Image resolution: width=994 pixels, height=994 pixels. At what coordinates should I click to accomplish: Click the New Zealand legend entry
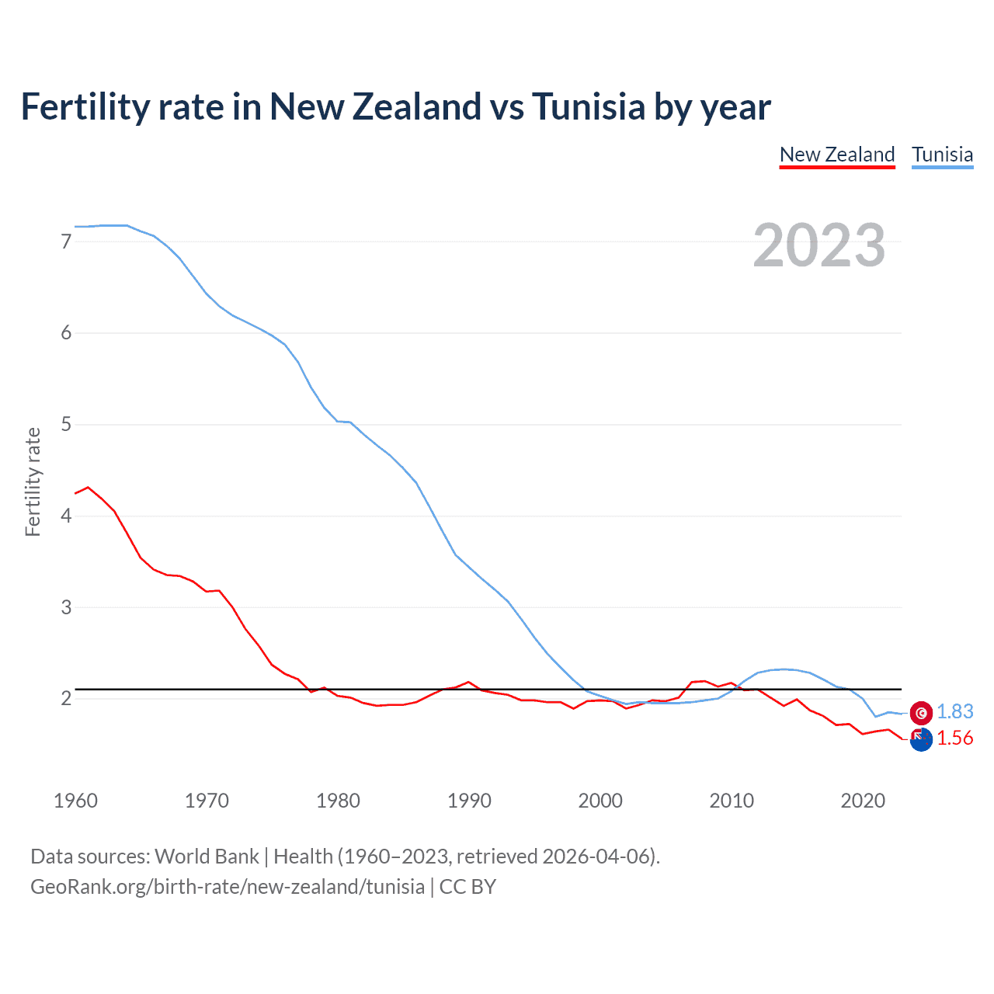[x=837, y=155]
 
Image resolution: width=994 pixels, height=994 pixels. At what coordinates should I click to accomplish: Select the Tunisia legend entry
[x=942, y=155]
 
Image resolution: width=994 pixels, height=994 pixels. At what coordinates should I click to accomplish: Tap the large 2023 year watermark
[x=818, y=245]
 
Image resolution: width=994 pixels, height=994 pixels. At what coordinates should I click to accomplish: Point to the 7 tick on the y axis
[x=66, y=242]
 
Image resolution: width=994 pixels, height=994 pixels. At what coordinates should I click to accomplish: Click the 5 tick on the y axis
[x=66, y=424]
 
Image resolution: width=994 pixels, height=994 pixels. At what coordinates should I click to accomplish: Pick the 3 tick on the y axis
[x=66, y=607]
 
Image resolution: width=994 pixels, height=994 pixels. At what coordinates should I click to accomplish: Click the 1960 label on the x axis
[x=75, y=801]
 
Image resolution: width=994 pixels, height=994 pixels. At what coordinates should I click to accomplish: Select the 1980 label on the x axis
[x=338, y=801]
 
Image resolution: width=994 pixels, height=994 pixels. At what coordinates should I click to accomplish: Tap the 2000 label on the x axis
[x=600, y=801]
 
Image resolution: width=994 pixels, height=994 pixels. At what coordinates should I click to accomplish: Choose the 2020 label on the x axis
[x=863, y=801]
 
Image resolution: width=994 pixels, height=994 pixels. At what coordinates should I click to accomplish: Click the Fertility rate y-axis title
[x=33, y=481]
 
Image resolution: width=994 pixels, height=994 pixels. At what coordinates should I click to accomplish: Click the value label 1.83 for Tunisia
[x=954, y=711]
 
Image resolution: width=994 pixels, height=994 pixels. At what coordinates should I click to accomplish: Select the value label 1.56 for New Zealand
[x=954, y=738]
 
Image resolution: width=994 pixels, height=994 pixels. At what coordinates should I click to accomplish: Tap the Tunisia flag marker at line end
[x=921, y=712]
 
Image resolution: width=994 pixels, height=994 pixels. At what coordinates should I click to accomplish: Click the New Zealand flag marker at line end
[x=921, y=739]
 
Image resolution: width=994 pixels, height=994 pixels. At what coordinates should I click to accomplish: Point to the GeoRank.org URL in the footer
[x=228, y=887]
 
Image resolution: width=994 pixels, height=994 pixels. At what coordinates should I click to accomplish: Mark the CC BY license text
[x=467, y=887]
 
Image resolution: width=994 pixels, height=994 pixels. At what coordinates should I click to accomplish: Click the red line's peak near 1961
[x=88, y=487]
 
